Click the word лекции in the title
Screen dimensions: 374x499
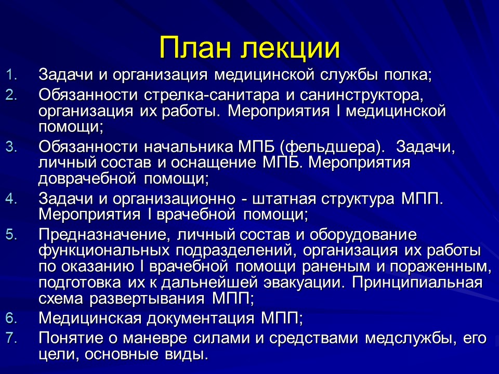[291, 48]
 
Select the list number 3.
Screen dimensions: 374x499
[11, 146]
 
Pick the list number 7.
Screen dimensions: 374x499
[11, 338]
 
